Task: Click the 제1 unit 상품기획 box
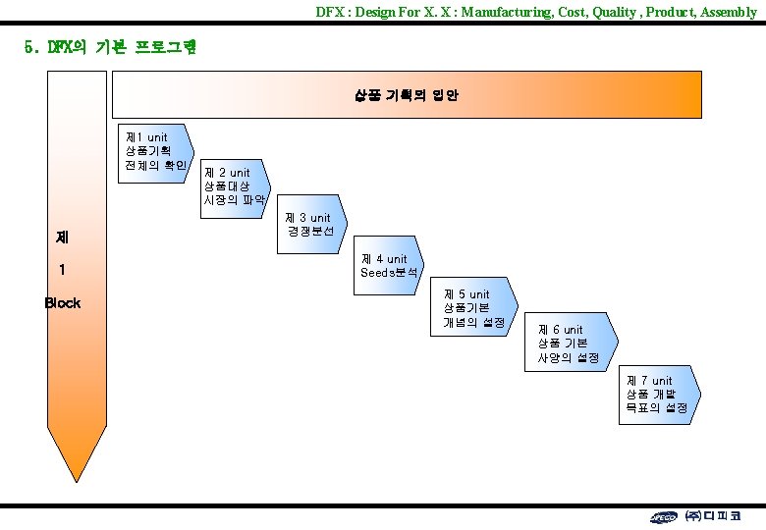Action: (153, 150)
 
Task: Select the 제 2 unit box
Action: (234, 185)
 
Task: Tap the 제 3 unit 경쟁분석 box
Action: (312, 225)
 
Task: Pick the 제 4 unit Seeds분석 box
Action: (392, 265)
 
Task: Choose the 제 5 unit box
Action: (474, 308)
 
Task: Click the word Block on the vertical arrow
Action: (63, 303)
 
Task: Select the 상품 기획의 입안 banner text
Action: (406, 96)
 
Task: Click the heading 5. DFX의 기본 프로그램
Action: (110, 47)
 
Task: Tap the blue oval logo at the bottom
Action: (664, 517)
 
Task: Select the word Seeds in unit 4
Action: (377, 272)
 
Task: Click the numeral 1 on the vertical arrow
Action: (62, 270)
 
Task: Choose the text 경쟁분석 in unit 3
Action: (311, 232)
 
